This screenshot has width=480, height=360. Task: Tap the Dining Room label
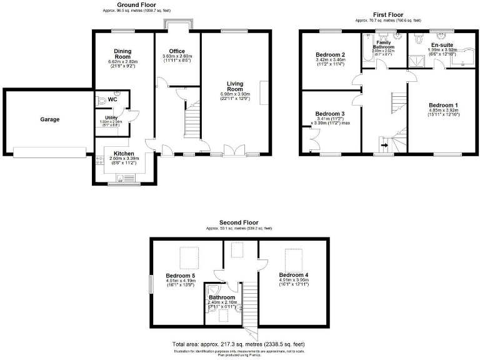tap(122, 54)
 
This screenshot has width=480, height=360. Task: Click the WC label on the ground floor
tap(112, 99)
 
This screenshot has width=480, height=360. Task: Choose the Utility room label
tap(111, 117)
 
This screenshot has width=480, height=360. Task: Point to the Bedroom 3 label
tap(330, 113)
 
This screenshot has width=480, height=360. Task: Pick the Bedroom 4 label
tap(293, 275)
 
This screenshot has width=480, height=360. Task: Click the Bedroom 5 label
tap(180, 275)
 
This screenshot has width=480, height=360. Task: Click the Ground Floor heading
tap(136, 4)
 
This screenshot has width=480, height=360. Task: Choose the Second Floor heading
tap(239, 222)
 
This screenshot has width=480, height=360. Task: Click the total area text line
tap(239, 344)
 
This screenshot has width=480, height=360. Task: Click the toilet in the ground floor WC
tap(101, 100)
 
